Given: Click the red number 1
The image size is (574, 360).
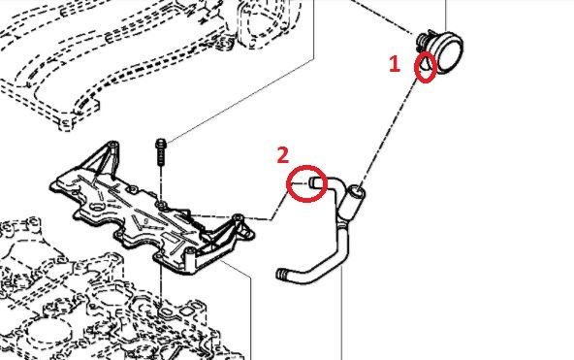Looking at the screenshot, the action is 394,64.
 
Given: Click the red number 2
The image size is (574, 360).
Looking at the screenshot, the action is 283,154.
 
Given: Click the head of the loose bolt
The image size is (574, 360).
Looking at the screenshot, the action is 161,144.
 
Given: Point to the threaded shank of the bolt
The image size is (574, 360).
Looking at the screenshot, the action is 161,157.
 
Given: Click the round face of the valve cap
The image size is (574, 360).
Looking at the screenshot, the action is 452,53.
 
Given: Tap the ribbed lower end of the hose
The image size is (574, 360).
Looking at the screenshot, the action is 282,274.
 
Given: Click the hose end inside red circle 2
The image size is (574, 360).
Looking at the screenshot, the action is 315,182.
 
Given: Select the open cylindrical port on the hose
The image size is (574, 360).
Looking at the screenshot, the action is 356,191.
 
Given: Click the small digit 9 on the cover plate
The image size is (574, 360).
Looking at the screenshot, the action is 145,221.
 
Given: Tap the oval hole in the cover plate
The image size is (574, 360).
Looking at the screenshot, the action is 97,207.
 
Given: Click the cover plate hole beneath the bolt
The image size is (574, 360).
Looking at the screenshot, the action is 161,204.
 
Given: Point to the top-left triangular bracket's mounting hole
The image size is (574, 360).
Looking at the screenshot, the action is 113,144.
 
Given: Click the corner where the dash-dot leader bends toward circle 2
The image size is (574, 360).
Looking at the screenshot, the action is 271,219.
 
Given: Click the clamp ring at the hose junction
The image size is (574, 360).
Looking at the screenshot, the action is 344,222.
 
